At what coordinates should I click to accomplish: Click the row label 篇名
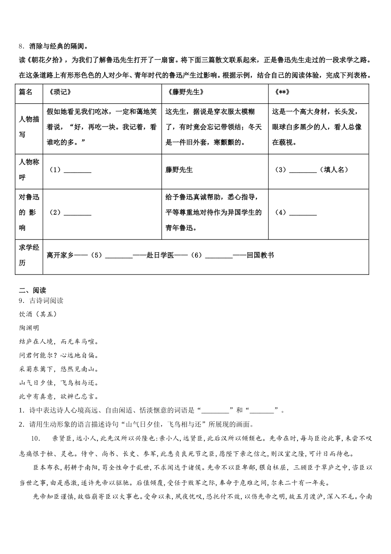[26, 92]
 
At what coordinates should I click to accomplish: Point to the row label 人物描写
[29, 127]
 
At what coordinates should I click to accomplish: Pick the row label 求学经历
[29, 255]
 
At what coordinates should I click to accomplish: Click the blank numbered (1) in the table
[78, 170]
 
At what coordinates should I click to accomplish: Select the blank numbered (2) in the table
[78, 213]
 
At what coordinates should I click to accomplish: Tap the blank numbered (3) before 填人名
[303, 170]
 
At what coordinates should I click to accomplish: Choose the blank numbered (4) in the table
[303, 213]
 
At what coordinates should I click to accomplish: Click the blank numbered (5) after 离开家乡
[119, 256]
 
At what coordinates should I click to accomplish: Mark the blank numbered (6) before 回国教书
[219, 256]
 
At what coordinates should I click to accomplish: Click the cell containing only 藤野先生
[179, 170]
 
